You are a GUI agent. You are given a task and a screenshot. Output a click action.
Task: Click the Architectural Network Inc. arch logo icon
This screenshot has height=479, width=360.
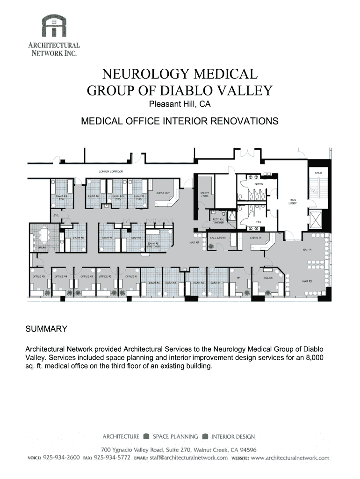(x=54, y=25)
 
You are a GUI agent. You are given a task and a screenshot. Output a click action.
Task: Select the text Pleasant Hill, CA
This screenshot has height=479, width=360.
(x=180, y=104)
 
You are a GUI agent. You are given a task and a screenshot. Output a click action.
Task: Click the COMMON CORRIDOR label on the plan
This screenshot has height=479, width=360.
(x=110, y=172)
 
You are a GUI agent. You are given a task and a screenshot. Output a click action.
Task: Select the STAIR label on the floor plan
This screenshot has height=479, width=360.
(x=318, y=173)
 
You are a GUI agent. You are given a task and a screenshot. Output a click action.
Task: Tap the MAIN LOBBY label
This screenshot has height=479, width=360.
(x=293, y=201)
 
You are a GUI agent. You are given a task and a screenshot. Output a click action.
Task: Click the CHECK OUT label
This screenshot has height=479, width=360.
(x=163, y=193)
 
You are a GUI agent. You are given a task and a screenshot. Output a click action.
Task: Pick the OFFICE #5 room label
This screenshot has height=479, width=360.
(x=38, y=276)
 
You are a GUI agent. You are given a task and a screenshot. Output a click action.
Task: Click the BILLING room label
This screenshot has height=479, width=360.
(x=267, y=277)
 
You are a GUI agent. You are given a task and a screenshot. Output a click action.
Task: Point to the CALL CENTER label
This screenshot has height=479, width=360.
(x=218, y=238)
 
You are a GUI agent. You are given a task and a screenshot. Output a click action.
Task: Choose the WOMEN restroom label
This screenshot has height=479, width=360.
(x=259, y=184)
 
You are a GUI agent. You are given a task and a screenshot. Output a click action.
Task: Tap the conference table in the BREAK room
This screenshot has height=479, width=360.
(x=45, y=233)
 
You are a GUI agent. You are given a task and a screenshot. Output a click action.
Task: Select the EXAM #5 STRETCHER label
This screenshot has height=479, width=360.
(x=154, y=245)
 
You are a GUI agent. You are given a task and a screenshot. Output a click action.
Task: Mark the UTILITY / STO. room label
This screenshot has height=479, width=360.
(x=204, y=194)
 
